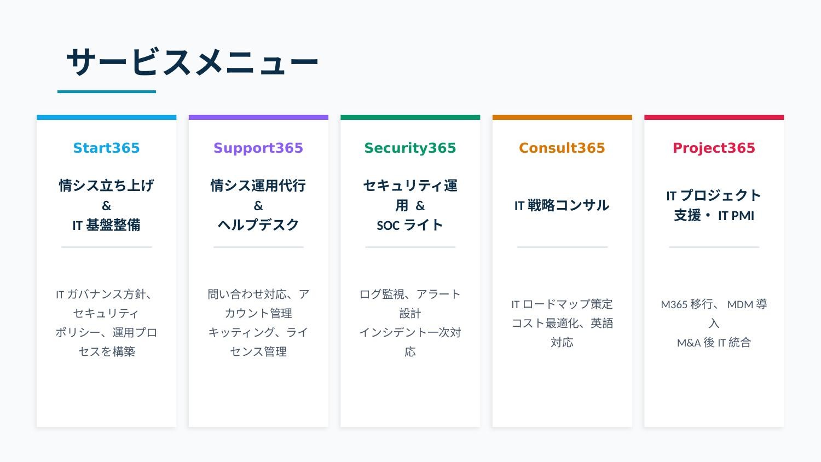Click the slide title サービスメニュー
tap(192, 62)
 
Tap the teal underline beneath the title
tap(107, 92)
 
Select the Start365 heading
tap(106, 148)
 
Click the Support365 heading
tap(258, 148)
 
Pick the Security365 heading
tap(410, 148)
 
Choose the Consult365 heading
tap(562, 148)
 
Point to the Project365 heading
tap(714, 148)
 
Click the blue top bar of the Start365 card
tap(106, 117)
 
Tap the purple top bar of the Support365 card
tap(258, 117)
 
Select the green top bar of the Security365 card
tap(410, 117)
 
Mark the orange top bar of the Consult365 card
tap(562, 117)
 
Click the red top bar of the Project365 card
tap(714, 117)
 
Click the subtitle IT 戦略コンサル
tap(562, 205)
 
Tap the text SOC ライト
tap(410, 225)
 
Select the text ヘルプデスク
tap(258, 225)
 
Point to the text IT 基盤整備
tap(106, 225)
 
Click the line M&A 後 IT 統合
tap(714, 343)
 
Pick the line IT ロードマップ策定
tap(562, 304)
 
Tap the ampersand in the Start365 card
tap(106, 206)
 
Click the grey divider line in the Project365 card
tap(714, 247)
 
